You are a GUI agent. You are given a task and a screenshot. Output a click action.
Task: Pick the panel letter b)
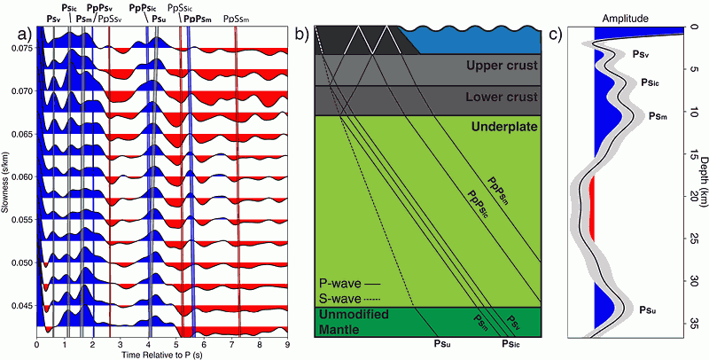click(301, 35)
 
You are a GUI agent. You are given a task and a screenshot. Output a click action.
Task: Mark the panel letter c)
click(554, 35)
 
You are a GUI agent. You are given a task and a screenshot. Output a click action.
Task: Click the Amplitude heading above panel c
click(625, 17)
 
